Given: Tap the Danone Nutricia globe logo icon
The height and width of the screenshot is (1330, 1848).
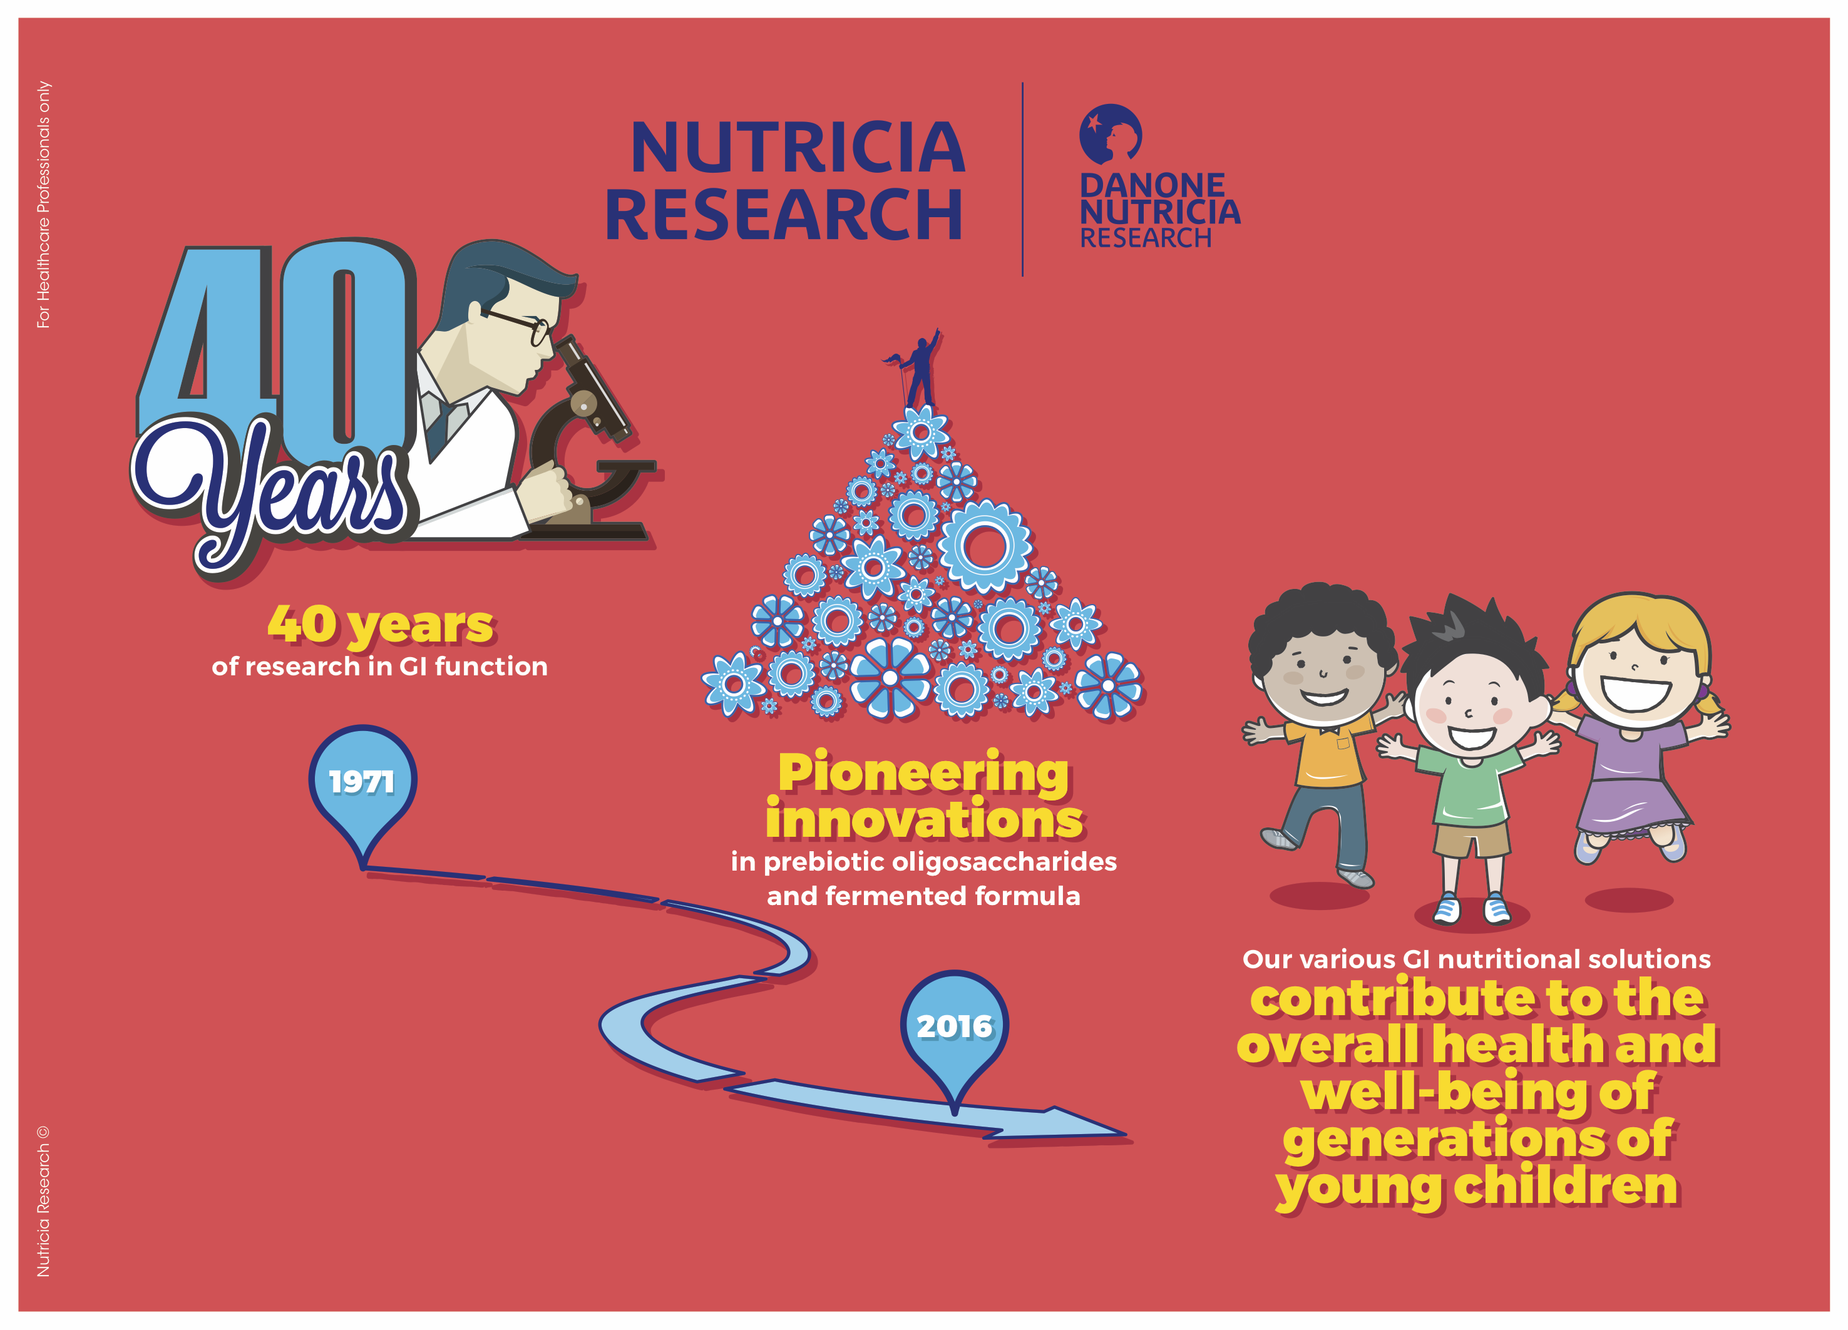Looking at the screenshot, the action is tap(1110, 133).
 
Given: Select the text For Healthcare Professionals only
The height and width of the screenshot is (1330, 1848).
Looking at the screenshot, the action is tap(43, 205).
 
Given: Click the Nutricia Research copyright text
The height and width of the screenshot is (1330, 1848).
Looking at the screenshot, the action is tap(43, 1201).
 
